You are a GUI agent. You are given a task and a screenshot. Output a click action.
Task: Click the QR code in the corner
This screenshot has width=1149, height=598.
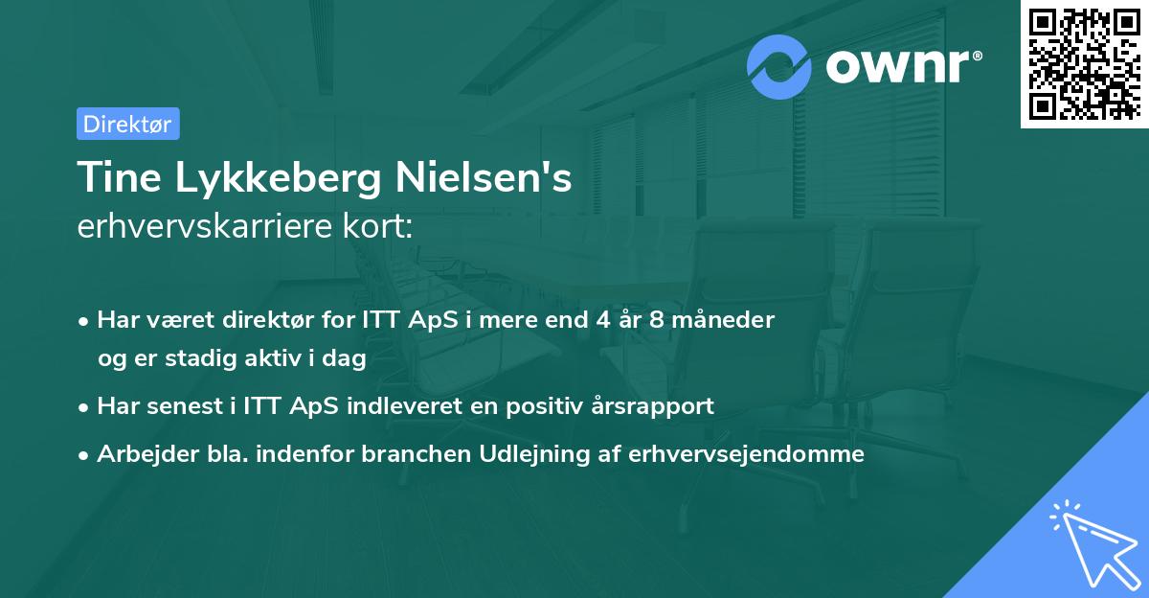point(1083,64)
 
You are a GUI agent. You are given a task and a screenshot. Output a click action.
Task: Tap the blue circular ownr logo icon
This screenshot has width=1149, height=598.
point(779,67)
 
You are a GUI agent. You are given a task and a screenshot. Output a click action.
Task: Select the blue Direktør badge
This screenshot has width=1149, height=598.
point(127,124)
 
